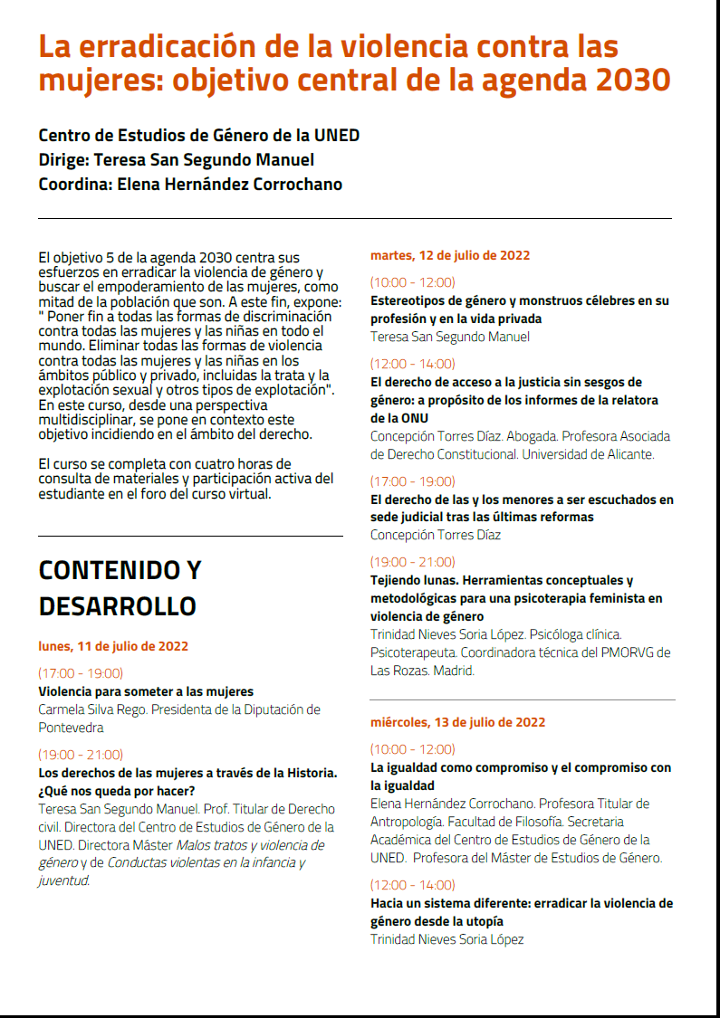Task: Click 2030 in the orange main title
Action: (633, 81)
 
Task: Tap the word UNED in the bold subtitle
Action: (337, 136)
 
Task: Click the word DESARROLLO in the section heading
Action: (117, 605)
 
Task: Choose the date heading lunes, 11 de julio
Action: (113, 646)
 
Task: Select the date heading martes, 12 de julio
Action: (450, 255)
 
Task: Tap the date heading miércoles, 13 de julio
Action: (457, 722)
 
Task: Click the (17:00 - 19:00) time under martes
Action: (412, 481)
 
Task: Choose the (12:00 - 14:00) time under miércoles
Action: (412, 885)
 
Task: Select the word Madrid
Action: (453, 671)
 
